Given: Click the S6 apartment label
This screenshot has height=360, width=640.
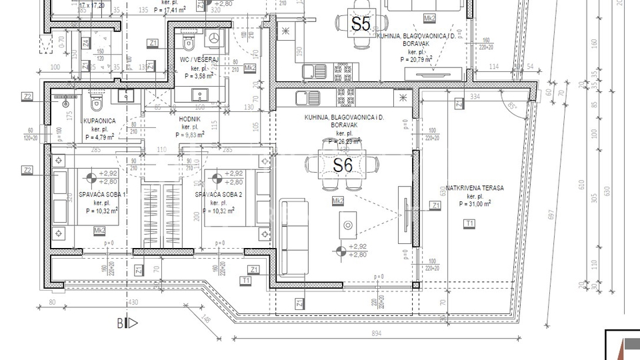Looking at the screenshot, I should click(342, 165).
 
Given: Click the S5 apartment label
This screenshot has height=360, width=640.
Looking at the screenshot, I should click(360, 24).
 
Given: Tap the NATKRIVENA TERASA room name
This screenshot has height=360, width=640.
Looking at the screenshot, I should click(475, 189).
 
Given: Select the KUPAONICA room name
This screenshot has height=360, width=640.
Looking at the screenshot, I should click(100, 121).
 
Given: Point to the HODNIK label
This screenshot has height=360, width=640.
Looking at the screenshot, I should click(190, 117).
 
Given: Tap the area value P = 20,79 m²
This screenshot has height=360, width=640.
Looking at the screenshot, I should click(417, 59).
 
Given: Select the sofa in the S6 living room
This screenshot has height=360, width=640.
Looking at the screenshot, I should click(294, 233).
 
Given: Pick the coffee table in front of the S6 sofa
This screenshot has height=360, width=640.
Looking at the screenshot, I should click(349, 225).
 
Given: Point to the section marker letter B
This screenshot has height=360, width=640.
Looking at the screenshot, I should click(122, 324).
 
